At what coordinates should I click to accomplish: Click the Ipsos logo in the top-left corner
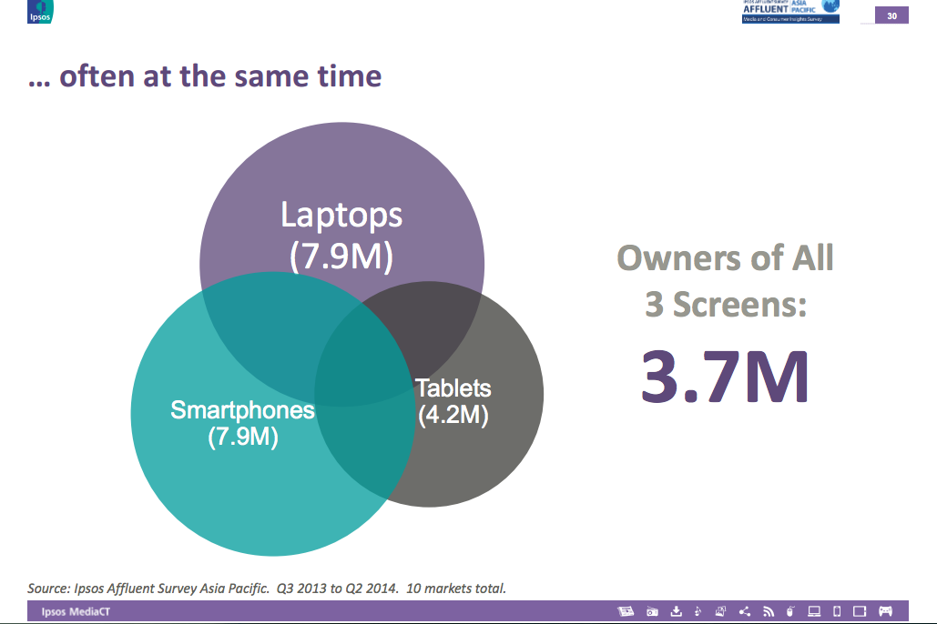[41, 10]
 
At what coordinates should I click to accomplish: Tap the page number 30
[891, 15]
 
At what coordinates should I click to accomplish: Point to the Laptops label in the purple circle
[341, 216]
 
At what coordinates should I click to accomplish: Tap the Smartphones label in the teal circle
[242, 410]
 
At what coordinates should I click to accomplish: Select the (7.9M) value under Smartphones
[242, 437]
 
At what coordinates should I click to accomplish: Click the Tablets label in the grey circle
[453, 388]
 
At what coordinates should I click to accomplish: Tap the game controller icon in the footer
[885, 611]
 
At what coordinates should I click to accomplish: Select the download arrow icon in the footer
[676, 611]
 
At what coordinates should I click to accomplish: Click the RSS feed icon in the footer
[768, 611]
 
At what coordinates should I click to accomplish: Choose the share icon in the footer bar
[744, 611]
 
